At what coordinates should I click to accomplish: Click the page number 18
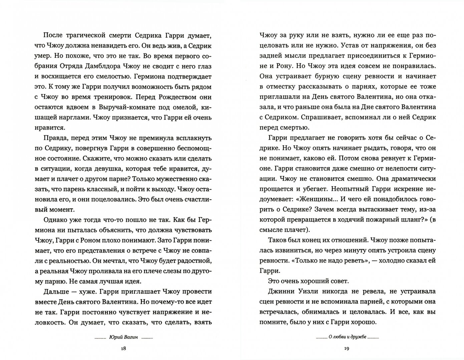tap(123, 349)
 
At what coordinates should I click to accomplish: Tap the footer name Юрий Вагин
tap(123, 337)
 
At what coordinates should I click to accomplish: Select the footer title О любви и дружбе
tap(347, 337)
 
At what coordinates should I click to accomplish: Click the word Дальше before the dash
tap(56, 291)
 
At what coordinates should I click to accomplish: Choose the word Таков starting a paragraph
tap(277, 240)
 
